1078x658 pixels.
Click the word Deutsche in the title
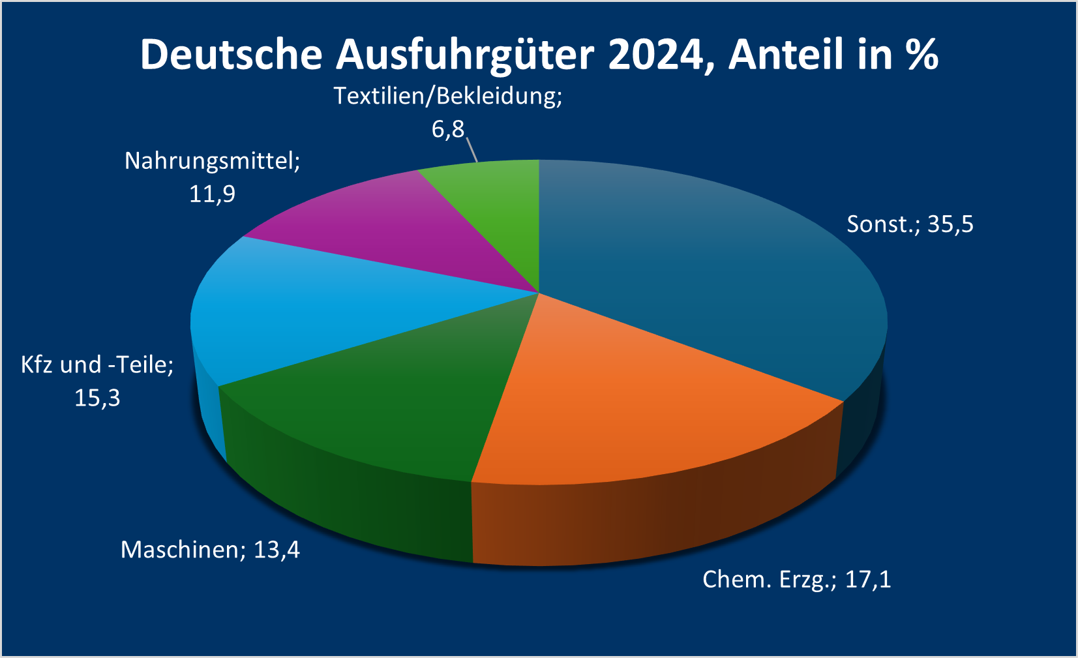[231, 54]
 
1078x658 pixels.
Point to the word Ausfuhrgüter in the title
[464, 55]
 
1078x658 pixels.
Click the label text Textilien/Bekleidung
[447, 96]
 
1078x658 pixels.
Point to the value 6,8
[447, 129]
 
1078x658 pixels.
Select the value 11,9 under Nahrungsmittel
[212, 194]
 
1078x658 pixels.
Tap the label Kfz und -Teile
[97, 365]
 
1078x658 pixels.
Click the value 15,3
[97, 398]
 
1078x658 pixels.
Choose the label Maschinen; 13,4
[210, 550]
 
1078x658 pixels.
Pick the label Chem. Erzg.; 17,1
[796, 579]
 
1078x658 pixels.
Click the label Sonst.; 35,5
[910, 224]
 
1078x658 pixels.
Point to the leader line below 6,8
[472, 149]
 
